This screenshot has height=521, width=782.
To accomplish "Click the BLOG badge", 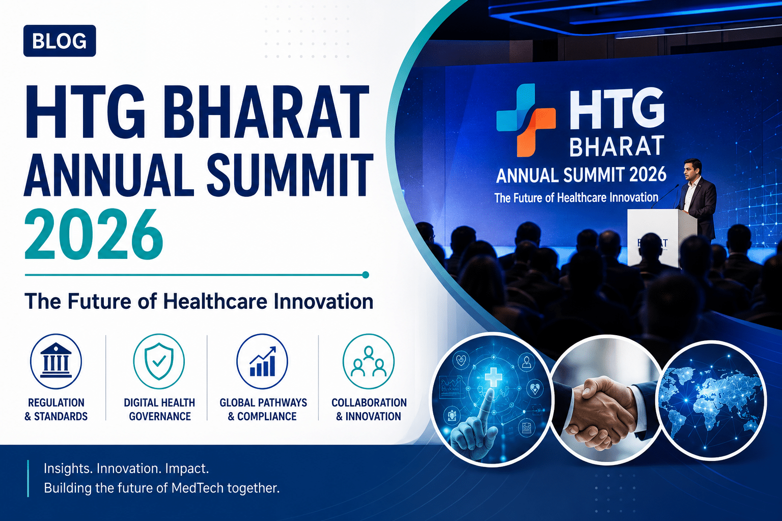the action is coord(60,41).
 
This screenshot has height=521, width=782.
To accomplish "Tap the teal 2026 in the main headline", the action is coord(93,234).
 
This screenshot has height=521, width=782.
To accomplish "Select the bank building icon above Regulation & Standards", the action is coord(56,361).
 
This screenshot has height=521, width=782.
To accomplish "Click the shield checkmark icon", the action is coord(159,361).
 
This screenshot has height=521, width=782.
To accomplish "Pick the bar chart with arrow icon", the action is coord(262,361).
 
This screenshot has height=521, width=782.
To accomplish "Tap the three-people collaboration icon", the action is coord(368,361).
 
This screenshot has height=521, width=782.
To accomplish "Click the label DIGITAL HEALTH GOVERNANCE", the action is coord(159,410).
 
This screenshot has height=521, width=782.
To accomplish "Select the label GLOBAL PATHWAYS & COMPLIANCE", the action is coord(263,410).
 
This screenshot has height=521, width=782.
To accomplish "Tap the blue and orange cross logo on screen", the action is coord(526,120).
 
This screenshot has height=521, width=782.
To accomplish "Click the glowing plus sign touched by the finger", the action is coord(493,375).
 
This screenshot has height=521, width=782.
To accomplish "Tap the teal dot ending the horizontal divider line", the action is coord(366,275).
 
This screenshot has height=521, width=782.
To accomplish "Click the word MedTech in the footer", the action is coord(198,488).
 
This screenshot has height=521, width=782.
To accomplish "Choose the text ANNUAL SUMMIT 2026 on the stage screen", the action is coord(581,175).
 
